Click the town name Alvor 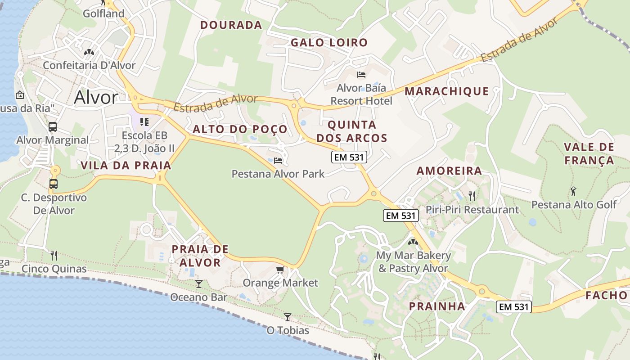[x=96, y=97]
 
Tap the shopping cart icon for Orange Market [x=280, y=270]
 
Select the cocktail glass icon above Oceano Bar [x=198, y=284]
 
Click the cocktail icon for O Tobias [x=288, y=317]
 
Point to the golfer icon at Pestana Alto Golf [x=573, y=191]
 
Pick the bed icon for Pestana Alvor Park [x=278, y=160]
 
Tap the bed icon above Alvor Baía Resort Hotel [x=361, y=74]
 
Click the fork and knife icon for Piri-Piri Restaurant [x=472, y=196]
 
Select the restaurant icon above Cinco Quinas [x=54, y=256]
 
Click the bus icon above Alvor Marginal [x=53, y=126]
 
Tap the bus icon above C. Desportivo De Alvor [x=54, y=184]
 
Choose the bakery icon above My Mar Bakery [x=413, y=242]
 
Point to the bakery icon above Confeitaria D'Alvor [x=89, y=52]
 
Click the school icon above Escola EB [x=144, y=121]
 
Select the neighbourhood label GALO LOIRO [x=329, y=43]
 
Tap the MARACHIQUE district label [x=446, y=91]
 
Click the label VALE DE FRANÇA [x=589, y=154]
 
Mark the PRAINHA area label [x=436, y=306]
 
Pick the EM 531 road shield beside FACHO [x=514, y=307]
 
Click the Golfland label [x=103, y=13]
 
